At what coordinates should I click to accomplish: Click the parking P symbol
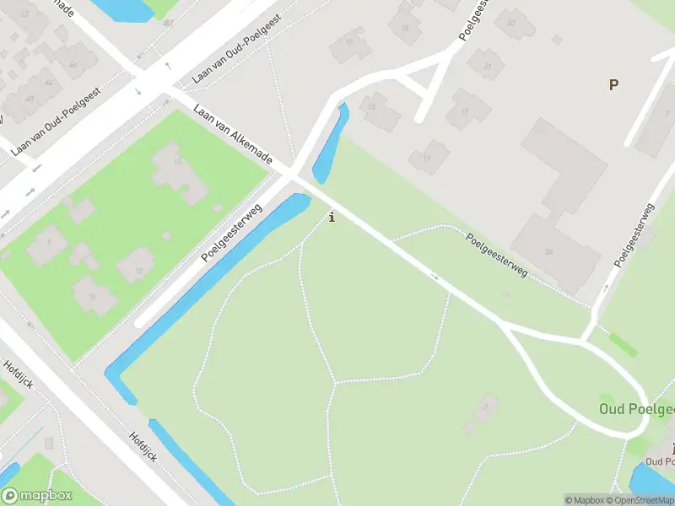(613, 84)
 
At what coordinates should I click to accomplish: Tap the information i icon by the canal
(332, 217)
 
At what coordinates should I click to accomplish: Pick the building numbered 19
(467, 110)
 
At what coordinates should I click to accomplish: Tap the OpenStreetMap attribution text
(639, 500)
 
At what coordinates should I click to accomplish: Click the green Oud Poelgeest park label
(637, 409)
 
